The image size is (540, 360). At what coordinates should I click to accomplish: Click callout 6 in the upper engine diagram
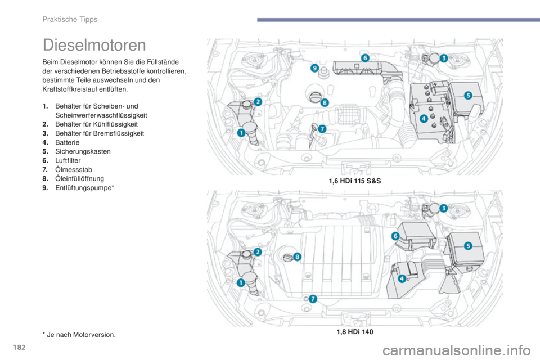tap(364, 58)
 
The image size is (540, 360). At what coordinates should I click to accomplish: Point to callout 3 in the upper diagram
tap(443, 58)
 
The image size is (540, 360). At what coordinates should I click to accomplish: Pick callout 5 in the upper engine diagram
tap(467, 96)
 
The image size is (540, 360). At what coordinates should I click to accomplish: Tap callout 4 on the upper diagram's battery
tap(423, 118)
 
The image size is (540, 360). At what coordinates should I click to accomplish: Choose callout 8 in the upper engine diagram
tap(325, 102)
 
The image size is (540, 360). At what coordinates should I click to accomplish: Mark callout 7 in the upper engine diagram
tap(322, 128)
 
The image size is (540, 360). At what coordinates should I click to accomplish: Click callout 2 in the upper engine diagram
tap(258, 101)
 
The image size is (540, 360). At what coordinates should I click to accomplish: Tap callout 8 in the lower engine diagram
tap(297, 256)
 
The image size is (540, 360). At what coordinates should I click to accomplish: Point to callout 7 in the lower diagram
tap(313, 298)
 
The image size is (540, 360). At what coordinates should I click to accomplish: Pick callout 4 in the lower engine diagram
tap(402, 278)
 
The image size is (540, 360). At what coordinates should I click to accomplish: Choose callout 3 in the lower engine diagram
tap(443, 208)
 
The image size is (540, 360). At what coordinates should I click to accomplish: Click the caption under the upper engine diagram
tap(354, 181)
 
